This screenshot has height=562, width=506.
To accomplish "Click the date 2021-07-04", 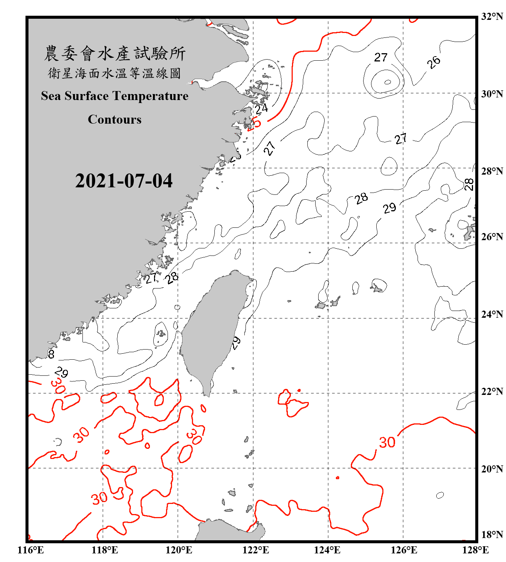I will [x=124, y=181].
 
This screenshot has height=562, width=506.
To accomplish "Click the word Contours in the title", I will [x=114, y=119].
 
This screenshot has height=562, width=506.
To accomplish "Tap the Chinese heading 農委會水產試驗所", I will [x=114, y=54].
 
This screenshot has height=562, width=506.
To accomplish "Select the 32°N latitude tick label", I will [x=492, y=16].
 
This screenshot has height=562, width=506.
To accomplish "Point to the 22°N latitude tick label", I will [x=492, y=392].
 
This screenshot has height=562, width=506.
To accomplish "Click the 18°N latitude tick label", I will [x=492, y=535].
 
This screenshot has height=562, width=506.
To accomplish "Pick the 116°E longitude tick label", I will [x=31, y=550].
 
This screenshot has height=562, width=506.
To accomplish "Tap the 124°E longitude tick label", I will [x=327, y=550].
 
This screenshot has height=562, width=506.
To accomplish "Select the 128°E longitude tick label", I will [x=475, y=550].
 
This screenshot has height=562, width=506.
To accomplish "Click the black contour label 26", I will [x=434, y=62].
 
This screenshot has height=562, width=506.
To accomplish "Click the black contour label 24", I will [x=261, y=109].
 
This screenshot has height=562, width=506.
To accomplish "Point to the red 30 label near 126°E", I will [x=387, y=442].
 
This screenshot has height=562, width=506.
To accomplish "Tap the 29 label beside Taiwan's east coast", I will [x=236, y=343].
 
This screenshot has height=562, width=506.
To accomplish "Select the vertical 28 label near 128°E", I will [x=469, y=184].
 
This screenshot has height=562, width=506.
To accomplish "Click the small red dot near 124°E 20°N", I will [x=337, y=478].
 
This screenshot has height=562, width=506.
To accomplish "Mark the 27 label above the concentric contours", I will [x=380, y=57].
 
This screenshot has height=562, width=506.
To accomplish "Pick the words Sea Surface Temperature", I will [x=114, y=96].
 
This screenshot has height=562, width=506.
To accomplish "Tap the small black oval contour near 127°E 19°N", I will [x=440, y=495].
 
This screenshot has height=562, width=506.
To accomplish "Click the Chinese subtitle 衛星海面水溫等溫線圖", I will [x=114, y=73].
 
